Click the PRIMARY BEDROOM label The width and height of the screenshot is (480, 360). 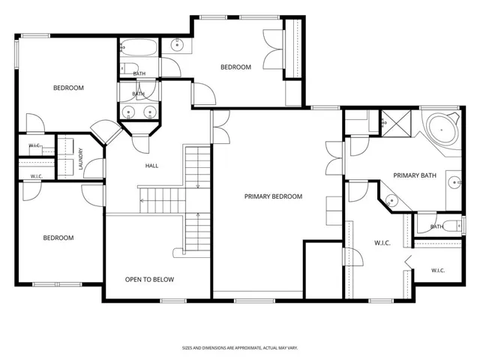tap(273, 196)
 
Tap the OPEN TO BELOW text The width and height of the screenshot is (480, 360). tap(149, 280)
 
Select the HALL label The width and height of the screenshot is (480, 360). tap(151, 166)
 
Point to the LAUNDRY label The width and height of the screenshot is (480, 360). tap(81, 159)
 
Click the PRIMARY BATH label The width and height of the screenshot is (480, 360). tap(415, 175)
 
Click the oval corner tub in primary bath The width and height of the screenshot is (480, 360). tap(442, 130)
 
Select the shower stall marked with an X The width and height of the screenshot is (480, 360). tap(396, 123)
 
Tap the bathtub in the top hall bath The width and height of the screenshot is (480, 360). tap(138, 47)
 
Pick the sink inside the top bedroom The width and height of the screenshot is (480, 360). tap(177, 45)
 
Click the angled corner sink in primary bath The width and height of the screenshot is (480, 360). tap(391, 201)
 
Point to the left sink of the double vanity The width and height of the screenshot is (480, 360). tap(128, 112)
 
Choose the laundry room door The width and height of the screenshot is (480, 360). tap(94, 168)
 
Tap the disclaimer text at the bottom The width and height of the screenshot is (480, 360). tap(240, 348)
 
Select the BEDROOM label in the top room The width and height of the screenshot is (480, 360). tap(235, 67)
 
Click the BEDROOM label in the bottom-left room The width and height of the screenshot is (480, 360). tap(58, 238)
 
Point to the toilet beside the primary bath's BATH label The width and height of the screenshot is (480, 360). tap(452, 226)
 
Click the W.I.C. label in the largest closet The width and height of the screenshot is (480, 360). tap(382, 243)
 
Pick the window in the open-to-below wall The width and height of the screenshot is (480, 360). tap(173, 301)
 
